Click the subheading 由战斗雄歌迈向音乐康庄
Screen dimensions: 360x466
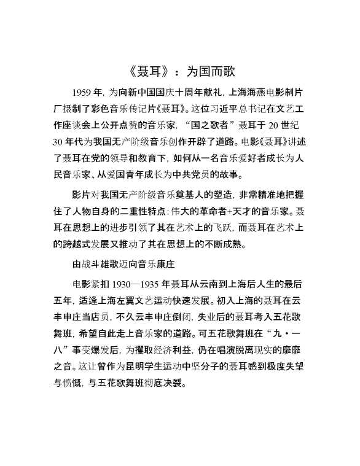click(x=123, y=264)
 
